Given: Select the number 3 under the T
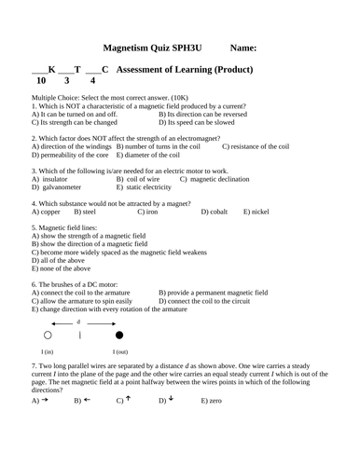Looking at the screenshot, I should pyautogui.click(x=77, y=82).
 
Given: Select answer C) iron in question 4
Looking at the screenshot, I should pyautogui.click(x=147, y=212).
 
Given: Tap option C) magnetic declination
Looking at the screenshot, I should pyautogui.click(x=217, y=178).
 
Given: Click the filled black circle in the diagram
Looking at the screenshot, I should pyautogui.click(x=118, y=334).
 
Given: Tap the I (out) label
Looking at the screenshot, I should pyautogui.click(x=119, y=351).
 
